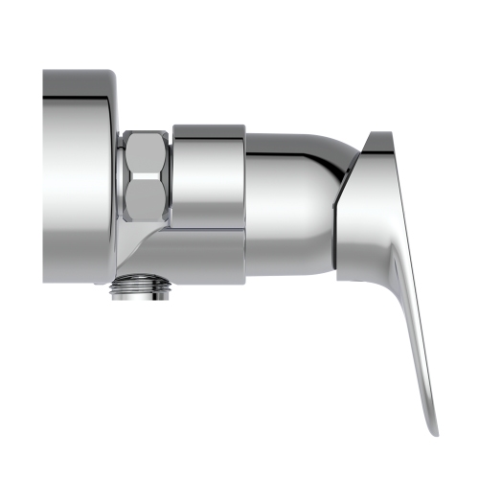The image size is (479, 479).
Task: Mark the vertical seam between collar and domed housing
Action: (x=245, y=201)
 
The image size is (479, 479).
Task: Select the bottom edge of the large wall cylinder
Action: (x=77, y=282)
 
